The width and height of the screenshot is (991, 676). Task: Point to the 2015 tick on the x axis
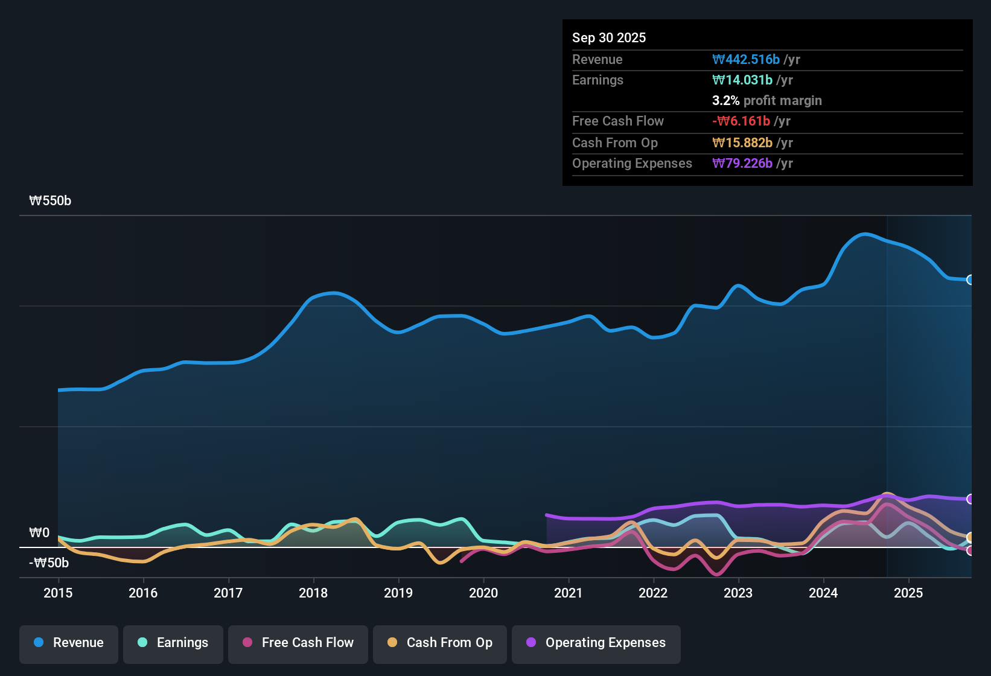[58, 593]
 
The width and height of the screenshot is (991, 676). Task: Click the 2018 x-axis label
[313, 593]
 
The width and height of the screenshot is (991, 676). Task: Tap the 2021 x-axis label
[569, 593]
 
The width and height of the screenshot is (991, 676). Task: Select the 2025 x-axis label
[908, 593]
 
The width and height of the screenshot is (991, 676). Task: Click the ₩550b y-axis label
[50, 201]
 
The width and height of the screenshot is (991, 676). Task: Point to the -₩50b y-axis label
[49, 563]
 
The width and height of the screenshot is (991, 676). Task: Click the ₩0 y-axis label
[39, 533]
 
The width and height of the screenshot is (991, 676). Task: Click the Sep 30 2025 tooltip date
[609, 38]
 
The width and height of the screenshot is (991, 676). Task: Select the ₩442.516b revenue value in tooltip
[746, 59]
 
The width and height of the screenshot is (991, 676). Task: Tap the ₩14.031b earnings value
[742, 80]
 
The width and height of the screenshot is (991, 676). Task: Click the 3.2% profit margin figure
[726, 101]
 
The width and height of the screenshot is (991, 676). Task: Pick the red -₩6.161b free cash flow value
[741, 121]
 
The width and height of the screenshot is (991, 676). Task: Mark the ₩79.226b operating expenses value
[742, 164]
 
